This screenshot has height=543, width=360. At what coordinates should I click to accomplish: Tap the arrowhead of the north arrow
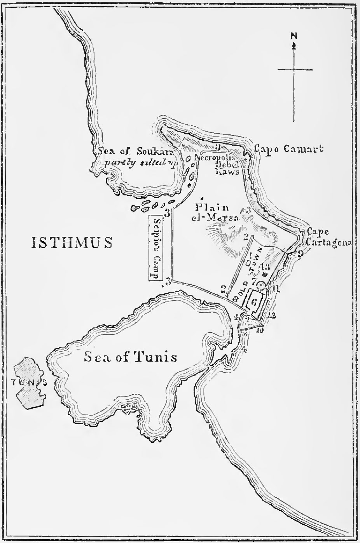(x=294, y=45)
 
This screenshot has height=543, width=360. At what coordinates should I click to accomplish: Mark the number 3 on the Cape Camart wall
(x=218, y=147)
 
